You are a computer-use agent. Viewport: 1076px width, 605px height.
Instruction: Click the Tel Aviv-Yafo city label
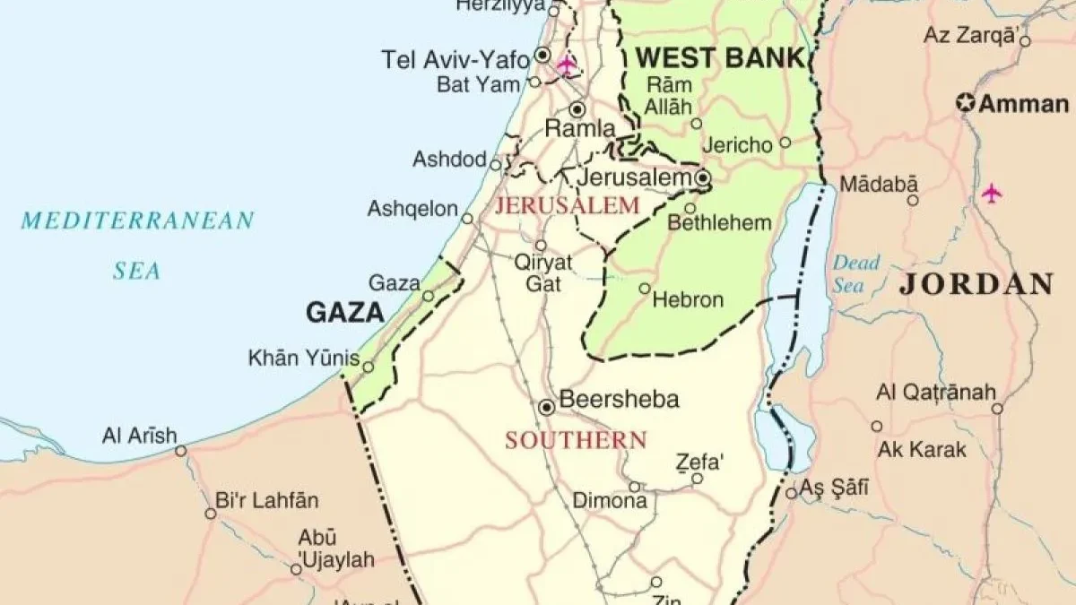pos(457,59)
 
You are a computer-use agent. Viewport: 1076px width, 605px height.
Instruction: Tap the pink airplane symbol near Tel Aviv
pos(566,64)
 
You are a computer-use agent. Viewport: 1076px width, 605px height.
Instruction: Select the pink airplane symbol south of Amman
pos(991,193)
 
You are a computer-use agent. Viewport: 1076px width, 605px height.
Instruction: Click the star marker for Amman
pos(966,103)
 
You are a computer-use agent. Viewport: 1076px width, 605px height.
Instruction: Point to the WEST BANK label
pos(720,59)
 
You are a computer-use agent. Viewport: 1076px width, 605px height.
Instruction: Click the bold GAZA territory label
pos(345,313)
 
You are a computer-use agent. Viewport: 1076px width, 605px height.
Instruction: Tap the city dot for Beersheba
pos(546,408)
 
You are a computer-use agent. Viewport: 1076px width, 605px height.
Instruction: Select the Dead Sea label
pos(855,273)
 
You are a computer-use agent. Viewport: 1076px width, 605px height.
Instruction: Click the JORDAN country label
pos(976,285)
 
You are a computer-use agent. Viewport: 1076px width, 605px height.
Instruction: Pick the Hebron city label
pos(688,299)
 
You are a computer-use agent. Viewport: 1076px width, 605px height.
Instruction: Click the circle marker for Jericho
pos(785,143)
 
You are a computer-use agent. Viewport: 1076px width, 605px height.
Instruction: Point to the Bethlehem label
pos(719,222)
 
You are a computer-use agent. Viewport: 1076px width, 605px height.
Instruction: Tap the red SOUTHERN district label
pos(575,440)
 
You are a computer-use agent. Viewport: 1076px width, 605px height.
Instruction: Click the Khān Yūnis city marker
pos(368,367)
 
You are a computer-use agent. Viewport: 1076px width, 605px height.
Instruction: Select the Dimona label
pos(610,501)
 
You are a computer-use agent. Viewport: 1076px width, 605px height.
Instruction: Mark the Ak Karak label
pos(923,449)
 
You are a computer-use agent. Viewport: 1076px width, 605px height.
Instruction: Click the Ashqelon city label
pos(412,209)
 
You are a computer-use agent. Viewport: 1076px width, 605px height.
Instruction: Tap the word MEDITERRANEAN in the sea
pos(138,220)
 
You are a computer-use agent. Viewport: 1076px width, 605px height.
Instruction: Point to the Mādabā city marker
pos(913,200)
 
